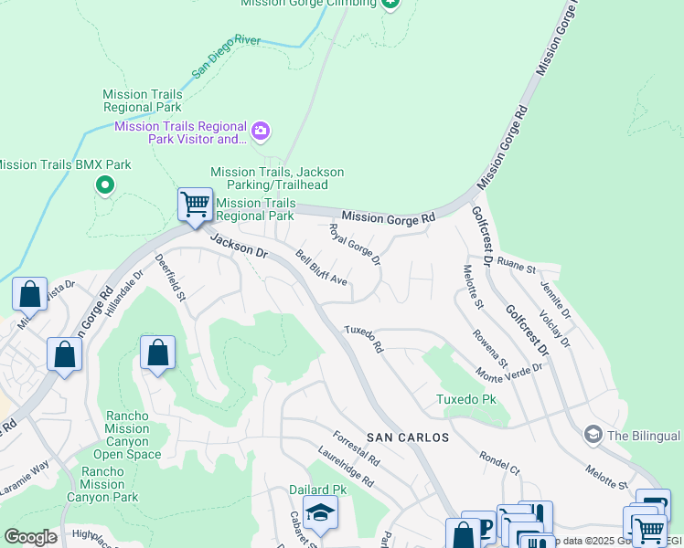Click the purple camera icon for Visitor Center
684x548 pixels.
[261, 132]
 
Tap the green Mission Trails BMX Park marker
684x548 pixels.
[105, 186]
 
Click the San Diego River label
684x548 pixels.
[226, 57]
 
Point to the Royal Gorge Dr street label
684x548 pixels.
[354, 245]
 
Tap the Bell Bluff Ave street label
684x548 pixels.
[321, 268]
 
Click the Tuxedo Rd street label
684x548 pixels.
[363, 339]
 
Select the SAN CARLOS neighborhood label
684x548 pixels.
[408, 437]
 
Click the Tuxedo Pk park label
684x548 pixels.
[465, 400]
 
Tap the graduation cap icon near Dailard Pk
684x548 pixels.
[320, 515]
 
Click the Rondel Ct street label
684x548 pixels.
[499, 463]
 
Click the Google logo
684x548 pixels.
[30, 537]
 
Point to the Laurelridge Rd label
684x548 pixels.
[346, 466]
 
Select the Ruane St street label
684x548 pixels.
[516, 269]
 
